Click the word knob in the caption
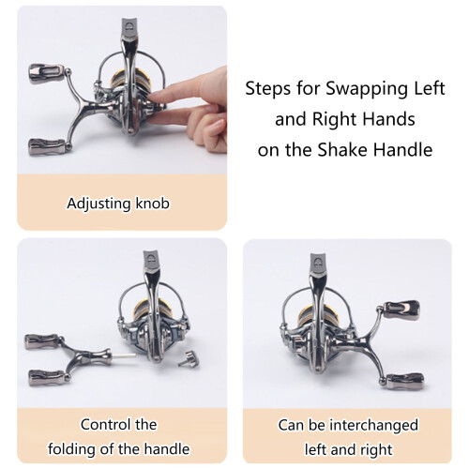[x=153, y=204]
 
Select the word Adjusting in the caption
[x=98, y=204]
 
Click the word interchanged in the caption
[x=374, y=426]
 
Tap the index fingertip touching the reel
[x=153, y=95]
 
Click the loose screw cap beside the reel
[x=189, y=358]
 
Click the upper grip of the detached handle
[x=41, y=341]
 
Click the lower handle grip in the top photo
[x=46, y=144]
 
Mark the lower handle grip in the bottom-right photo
[x=406, y=382]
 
